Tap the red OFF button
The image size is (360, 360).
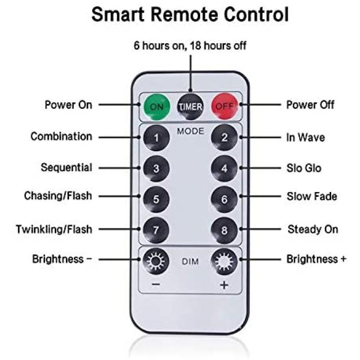(x=225, y=106)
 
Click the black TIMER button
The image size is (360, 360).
(x=191, y=106)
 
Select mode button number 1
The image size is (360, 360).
(x=156, y=138)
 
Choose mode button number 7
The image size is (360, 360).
(x=156, y=230)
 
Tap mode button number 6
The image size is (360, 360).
(x=224, y=199)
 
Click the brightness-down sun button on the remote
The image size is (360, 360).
(x=156, y=261)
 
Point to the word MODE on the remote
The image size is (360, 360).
(x=191, y=131)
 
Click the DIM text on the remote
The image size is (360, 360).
(x=191, y=262)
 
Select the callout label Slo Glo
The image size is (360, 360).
(x=304, y=168)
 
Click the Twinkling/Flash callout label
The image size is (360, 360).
(x=54, y=229)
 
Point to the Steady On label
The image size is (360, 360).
(x=312, y=229)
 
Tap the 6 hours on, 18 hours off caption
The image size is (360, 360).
(x=190, y=46)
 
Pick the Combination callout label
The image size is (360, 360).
(x=61, y=136)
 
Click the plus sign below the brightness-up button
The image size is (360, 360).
(x=224, y=285)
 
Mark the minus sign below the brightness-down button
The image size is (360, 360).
(x=156, y=285)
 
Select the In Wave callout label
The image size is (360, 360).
(x=306, y=138)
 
